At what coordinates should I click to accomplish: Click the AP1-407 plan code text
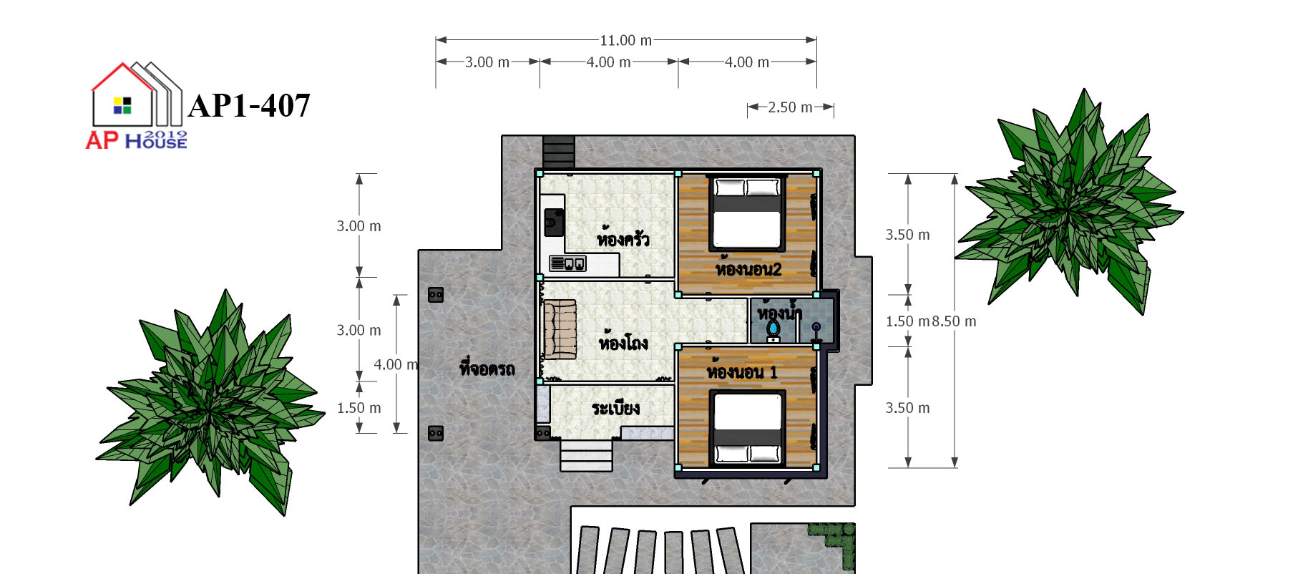point(249,106)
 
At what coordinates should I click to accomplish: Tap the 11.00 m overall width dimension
point(626,41)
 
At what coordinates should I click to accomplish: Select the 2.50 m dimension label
point(791,107)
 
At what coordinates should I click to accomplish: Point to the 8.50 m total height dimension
point(954,321)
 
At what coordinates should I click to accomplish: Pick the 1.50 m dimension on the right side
point(907,321)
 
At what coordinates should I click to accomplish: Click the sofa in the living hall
point(560,330)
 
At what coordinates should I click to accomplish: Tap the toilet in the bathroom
point(773,330)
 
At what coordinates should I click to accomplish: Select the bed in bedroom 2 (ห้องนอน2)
point(747,213)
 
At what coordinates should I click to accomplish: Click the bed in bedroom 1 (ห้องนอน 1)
point(748,427)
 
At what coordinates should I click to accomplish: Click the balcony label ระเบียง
point(615,408)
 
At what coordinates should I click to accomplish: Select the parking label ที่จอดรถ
point(487,369)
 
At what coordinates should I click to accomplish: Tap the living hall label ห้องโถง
point(623,341)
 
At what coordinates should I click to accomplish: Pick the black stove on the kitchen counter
point(553,222)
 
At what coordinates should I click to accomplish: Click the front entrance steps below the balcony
point(586,455)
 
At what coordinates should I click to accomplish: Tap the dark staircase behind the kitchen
point(559,152)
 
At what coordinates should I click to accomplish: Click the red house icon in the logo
point(123,94)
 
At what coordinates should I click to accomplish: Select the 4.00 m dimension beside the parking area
point(396,364)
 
